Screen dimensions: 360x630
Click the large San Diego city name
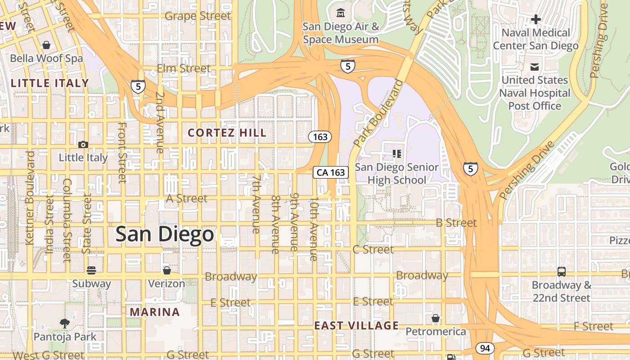coord(164,234)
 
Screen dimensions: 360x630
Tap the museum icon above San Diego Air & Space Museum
coord(341,12)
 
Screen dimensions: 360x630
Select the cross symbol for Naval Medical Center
coord(535,19)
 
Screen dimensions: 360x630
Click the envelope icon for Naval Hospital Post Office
coord(535,67)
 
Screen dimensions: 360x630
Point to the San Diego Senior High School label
coord(396,173)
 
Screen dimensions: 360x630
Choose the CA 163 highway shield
coord(331,172)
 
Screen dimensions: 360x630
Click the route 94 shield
coord(484,348)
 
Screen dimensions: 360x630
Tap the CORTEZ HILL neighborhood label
coord(227,133)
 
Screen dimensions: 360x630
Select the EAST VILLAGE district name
coord(356,325)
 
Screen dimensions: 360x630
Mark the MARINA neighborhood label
coord(155,312)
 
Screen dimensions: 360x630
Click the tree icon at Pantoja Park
coord(65,323)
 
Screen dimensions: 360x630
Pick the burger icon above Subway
coord(91,270)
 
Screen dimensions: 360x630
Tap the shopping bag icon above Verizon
coord(166,270)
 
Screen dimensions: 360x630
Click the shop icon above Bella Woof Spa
coord(46,45)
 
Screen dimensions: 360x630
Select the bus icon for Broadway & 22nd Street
coord(561,271)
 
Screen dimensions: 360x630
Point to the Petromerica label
coord(436,332)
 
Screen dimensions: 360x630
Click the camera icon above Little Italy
coord(83,144)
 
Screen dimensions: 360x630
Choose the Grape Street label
coord(198,16)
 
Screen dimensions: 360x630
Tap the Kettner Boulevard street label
coord(30,198)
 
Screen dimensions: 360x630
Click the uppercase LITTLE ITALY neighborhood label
coord(49,83)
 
